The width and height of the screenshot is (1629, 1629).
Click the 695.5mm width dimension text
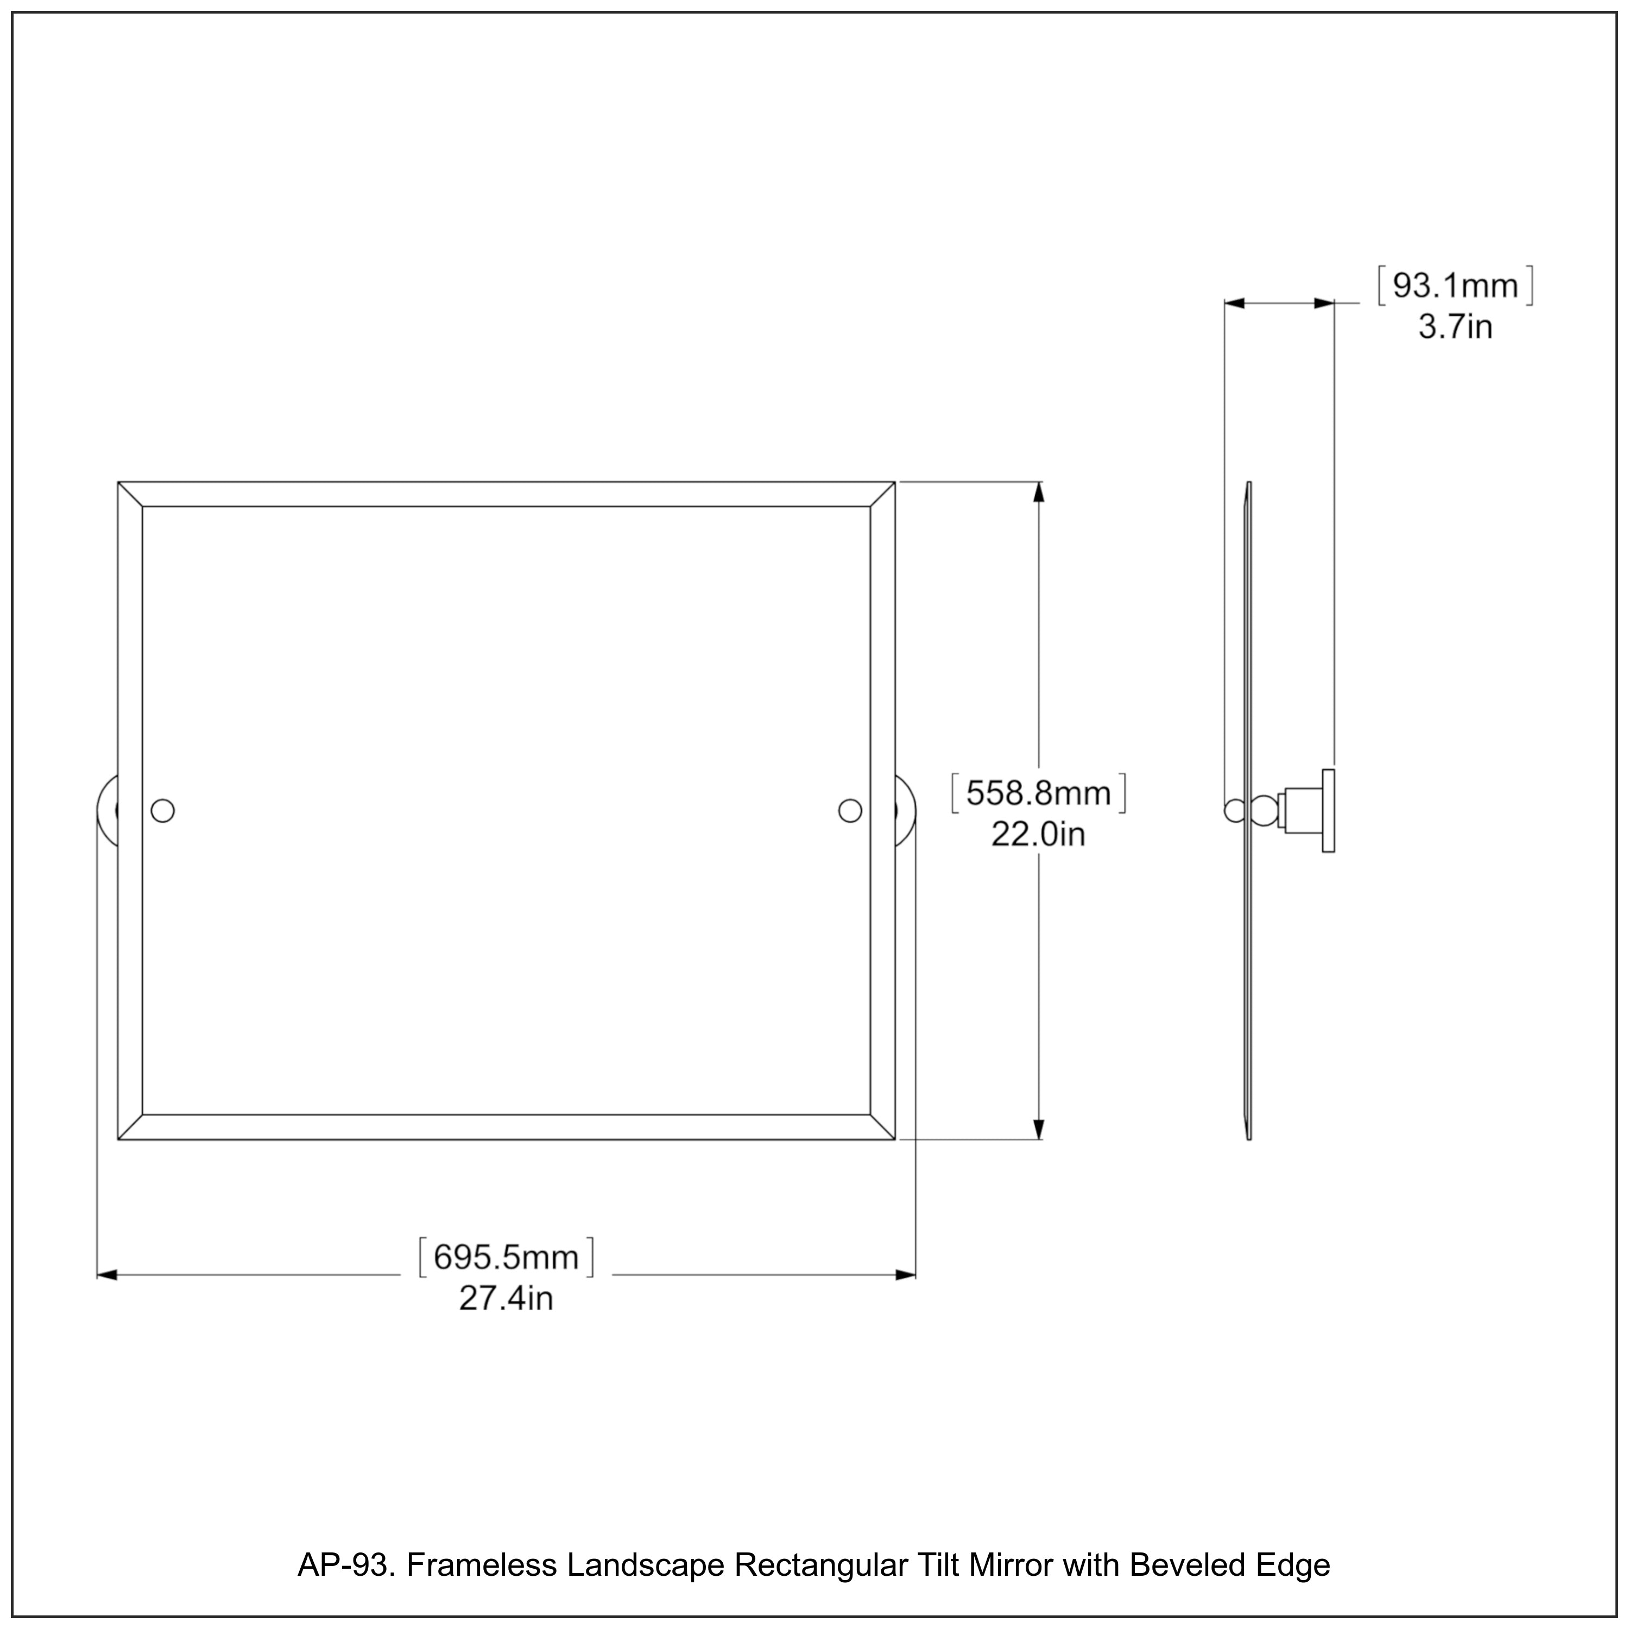click(506, 1257)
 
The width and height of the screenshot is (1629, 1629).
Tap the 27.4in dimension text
click(506, 1298)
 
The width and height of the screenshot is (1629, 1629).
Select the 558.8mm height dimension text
click(1038, 793)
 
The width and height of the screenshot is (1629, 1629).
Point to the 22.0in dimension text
click(1038, 835)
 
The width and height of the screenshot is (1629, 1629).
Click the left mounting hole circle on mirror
click(163, 811)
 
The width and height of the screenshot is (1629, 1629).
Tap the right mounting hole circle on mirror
click(850, 811)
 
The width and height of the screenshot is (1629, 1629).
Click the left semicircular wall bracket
click(107, 811)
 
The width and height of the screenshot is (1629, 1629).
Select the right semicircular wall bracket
click(906, 811)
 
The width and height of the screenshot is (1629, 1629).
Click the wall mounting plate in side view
click(1328, 811)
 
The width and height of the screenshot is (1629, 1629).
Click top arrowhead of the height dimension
click(1038, 491)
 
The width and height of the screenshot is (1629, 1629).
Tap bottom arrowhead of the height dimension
click(1038, 1130)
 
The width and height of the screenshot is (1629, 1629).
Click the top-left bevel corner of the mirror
click(130, 494)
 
